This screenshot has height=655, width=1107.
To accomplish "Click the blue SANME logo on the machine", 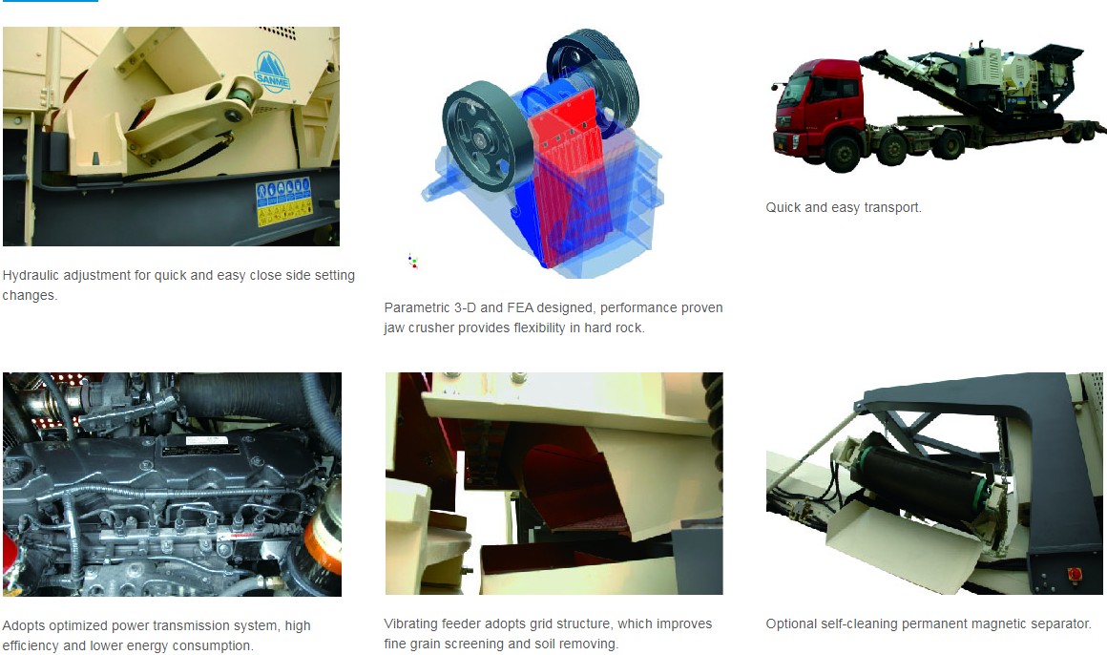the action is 272,71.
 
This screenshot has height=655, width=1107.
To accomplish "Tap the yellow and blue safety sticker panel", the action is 284,202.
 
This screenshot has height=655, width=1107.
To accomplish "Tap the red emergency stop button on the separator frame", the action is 1076,573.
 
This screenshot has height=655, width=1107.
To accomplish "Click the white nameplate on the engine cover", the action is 206,441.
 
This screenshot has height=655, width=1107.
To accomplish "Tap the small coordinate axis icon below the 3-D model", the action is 412,262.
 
